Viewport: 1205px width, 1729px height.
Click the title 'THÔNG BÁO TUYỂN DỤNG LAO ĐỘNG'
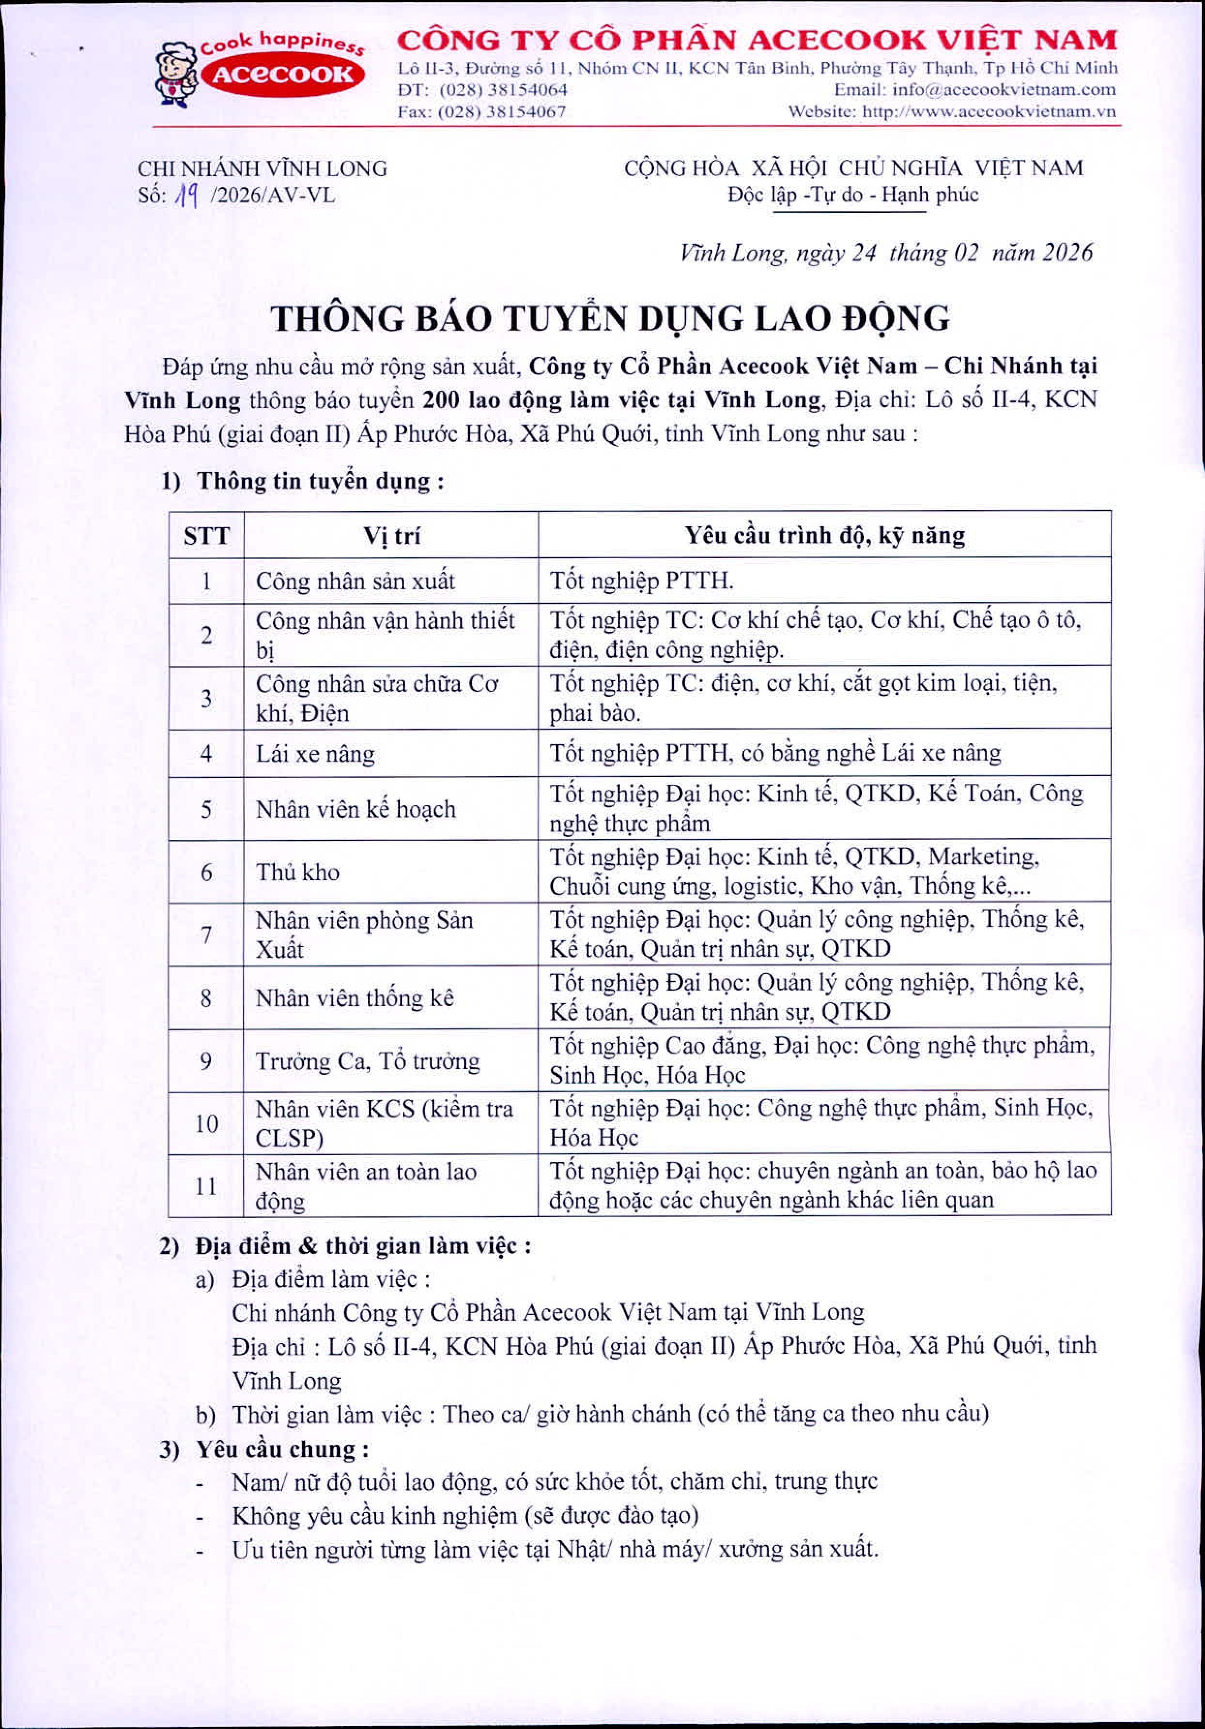pos(610,319)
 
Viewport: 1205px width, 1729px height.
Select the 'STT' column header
pos(206,536)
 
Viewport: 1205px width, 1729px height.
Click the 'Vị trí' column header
pos(392,536)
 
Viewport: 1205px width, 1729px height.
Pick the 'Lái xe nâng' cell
pos(315,754)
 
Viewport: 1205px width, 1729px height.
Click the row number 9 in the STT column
pos(206,1061)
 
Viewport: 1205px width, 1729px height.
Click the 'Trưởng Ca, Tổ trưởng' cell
pos(368,1061)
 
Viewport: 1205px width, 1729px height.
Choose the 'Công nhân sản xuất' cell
pos(355,581)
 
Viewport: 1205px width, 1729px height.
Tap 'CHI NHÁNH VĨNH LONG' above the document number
pos(262,168)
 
